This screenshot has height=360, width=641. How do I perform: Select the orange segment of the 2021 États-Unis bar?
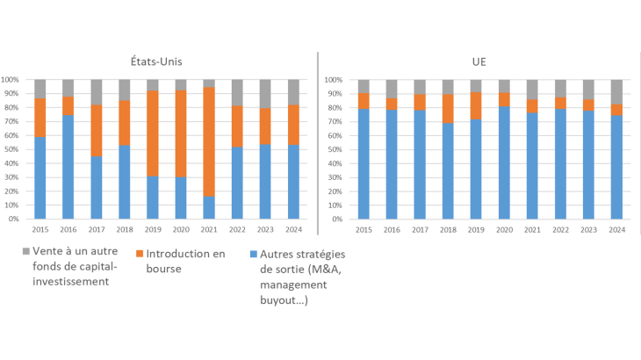208,141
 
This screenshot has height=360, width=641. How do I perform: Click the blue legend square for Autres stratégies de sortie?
255,251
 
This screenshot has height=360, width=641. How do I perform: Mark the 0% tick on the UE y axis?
338,220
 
